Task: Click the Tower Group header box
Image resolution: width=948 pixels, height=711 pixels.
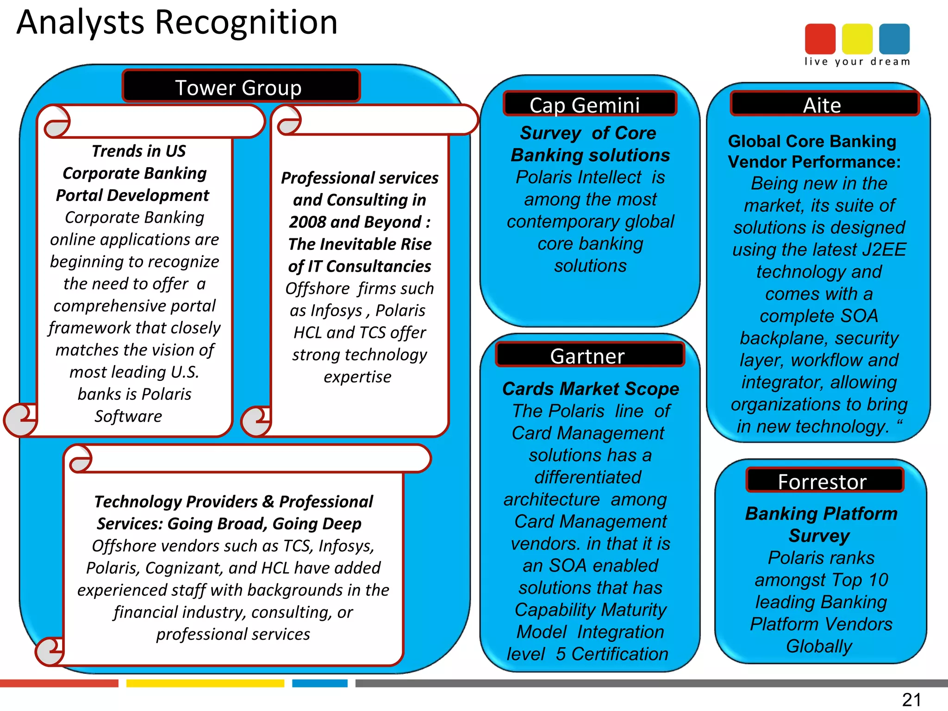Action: pos(241,87)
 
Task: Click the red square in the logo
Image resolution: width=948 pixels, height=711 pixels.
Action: pos(820,39)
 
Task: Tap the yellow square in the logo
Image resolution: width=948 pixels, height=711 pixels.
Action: pos(857,39)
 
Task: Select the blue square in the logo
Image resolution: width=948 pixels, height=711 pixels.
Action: pos(894,39)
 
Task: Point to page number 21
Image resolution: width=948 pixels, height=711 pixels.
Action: pos(911,699)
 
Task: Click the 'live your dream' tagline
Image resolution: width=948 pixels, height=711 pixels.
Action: pos(857,62)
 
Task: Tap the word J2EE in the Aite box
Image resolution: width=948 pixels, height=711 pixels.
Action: pos(884,249)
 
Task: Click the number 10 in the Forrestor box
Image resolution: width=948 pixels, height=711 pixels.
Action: pos(878,580)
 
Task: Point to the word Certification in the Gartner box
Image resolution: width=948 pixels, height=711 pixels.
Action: pos(620,654)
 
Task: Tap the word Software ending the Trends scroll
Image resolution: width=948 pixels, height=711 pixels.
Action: pos(128,416)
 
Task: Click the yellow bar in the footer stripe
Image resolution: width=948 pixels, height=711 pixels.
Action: pos(205,683)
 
